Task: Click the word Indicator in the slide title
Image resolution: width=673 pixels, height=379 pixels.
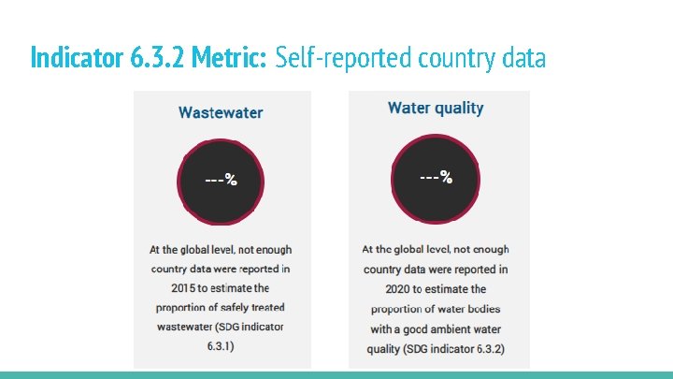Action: point(73,58)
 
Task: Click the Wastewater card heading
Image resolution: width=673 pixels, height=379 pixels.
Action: point(221,112)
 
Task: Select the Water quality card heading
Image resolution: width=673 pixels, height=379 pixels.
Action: point(436,108)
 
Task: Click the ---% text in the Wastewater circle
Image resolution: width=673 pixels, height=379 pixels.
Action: point(221,180)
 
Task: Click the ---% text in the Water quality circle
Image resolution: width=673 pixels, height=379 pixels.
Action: point(436,176)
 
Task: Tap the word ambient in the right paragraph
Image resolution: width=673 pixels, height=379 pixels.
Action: point(453,329)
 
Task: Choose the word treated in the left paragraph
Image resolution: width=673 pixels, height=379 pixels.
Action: point(266,307)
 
